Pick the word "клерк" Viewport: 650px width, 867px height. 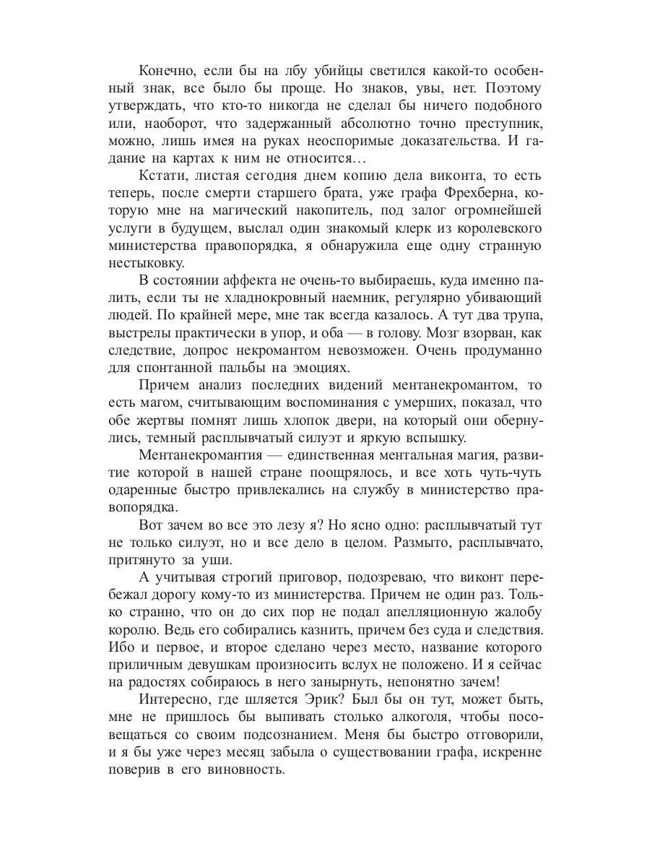point(394,230)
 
